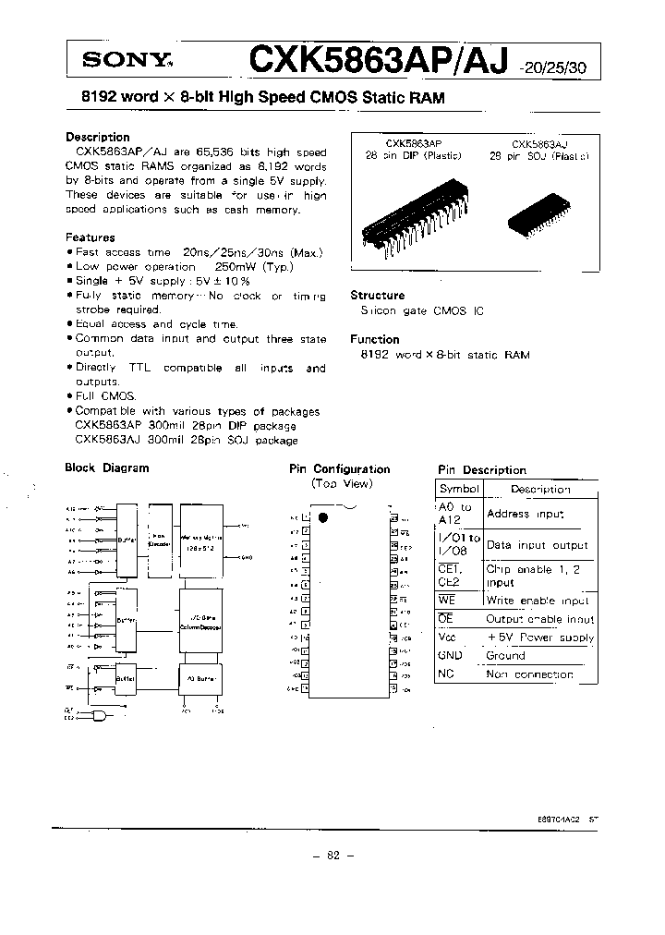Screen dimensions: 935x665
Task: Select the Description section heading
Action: (97, 137)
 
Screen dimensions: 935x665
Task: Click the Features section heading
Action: (90, 237)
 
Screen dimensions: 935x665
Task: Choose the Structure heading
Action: (377, 296)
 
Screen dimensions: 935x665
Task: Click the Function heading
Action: (374, 339)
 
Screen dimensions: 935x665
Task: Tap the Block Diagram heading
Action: (106, 468)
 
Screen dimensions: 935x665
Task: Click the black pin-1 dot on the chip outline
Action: (323, 517)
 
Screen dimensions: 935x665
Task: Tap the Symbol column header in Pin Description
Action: (459, 490)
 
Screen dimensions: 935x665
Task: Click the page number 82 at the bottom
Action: (332, 856)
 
